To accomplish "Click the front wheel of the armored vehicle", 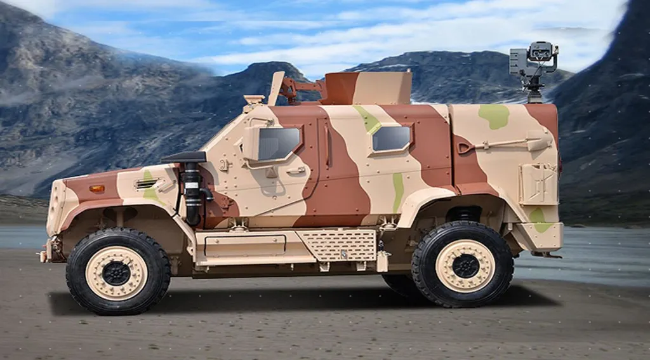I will pos(117,272).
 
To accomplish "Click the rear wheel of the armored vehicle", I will pos(463,265).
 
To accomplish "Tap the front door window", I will pos(279,143).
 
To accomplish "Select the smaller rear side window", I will pos(390,138).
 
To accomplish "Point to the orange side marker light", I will pos(96,189).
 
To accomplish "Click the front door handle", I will pos(295,171).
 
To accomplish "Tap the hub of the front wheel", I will pos(117,273).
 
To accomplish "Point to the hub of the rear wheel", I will pos(465,265).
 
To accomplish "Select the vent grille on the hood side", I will pos(147,183).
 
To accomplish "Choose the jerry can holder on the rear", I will pos(538,183).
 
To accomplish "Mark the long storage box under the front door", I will pos(244,246).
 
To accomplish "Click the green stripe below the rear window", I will pos(397,191).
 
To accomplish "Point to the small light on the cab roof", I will pos(253,100).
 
